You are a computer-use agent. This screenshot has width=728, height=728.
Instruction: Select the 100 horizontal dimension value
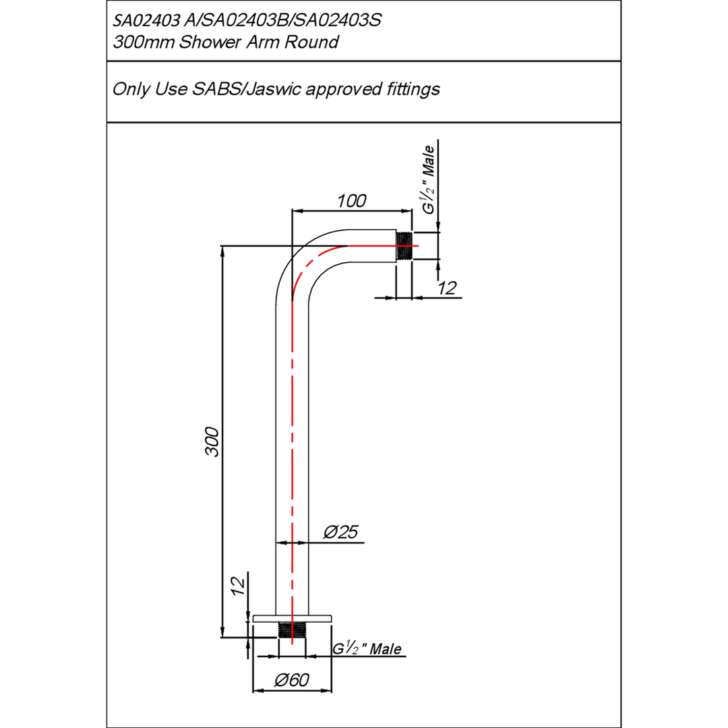tap(352, 201)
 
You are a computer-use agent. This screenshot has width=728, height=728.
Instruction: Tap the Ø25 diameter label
tap(340, 533)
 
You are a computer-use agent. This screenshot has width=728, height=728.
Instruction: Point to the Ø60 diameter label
tap(292, 680)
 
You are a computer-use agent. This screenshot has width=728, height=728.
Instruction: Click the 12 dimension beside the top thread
tap(446, 289)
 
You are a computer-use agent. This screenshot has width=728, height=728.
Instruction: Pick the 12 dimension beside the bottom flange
tap(237, 587)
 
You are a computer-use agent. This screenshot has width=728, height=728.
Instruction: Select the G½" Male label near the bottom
tap(367, 649)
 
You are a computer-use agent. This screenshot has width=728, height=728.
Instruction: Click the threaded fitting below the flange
tap(292, 631)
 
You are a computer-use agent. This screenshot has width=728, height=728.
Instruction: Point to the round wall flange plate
tap(292, 617)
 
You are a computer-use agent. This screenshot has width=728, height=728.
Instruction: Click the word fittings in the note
tap(412, 89)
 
